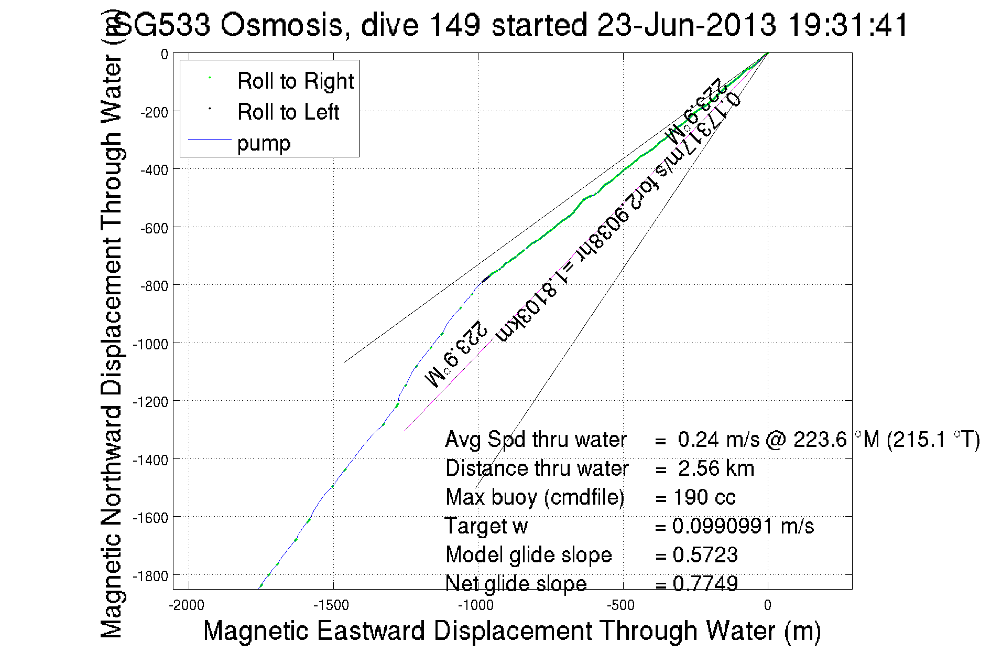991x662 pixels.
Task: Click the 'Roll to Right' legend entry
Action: [295, 81]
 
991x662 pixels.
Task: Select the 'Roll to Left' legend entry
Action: [288, 112]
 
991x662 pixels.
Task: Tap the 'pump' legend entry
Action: [264, 143]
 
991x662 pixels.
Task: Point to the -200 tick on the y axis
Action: [154, 112]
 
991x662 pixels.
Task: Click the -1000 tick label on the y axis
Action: [150, 344]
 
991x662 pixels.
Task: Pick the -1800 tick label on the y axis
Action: [150, 576]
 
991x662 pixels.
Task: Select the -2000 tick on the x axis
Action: [187, 605]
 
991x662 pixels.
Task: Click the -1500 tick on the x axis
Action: [331, 605]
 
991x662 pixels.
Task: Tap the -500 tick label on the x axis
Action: [621, 605]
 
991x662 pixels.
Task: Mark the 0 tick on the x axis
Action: [767, 605]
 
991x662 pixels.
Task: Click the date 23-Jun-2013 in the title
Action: [687, 25]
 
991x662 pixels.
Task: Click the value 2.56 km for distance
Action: [716, 468]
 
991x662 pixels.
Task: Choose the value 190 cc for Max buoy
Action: [704, 497]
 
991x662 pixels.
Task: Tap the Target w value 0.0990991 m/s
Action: [743, 526]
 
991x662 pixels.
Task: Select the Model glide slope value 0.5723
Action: [705, 555]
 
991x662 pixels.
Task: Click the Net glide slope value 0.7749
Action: [705, 583]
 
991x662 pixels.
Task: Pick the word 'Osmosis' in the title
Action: [281, 25]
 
